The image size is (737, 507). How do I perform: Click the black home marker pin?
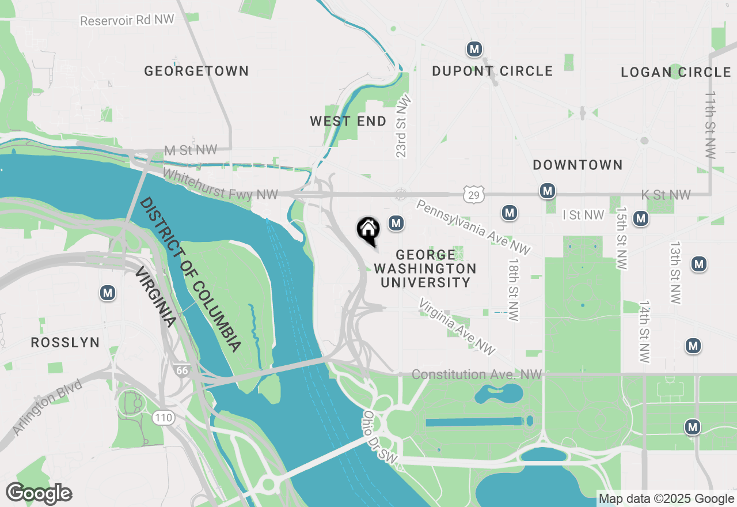[368, 230]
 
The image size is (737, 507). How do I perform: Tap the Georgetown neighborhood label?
[196, 71]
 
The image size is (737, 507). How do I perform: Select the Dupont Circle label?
[492, 71]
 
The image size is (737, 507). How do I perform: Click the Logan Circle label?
[676, 73]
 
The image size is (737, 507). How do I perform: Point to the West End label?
[348, 122]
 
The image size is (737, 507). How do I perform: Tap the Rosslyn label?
[65, 343]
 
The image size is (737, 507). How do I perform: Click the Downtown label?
[578, 165]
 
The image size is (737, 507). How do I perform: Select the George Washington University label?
[425, 268]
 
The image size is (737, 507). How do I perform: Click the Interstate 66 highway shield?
[182, 370]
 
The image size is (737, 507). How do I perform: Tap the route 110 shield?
[164, 418]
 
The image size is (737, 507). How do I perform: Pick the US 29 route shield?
[473, 195]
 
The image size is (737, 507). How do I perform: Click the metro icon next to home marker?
[396, 222]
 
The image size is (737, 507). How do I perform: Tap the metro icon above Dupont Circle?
[474, 49]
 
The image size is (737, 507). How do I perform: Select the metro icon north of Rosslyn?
[108, 293]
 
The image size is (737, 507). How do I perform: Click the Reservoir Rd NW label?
[127, 21]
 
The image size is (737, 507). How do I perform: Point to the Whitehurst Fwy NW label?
[221, 184]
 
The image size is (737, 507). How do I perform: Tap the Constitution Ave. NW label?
[477, 375]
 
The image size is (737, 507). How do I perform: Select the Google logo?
[39, 493]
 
